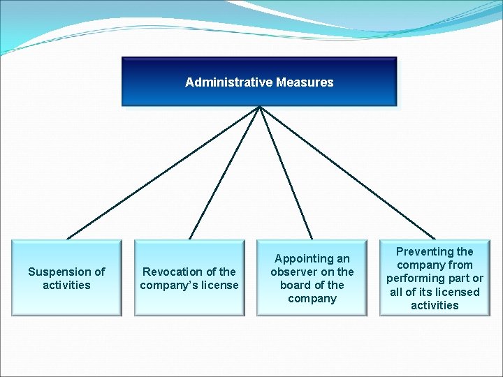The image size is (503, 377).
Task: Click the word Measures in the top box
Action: coord(305,82)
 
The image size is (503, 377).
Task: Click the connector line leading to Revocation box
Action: coord(225,172)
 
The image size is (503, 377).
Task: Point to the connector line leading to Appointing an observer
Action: coord(286,172)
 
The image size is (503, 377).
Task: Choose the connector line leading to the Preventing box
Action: coord(347,172)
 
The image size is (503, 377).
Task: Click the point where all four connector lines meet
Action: coord(260,107)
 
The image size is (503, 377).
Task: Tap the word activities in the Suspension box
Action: coord(66,285)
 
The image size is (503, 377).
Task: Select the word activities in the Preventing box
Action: coord(435,305)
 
